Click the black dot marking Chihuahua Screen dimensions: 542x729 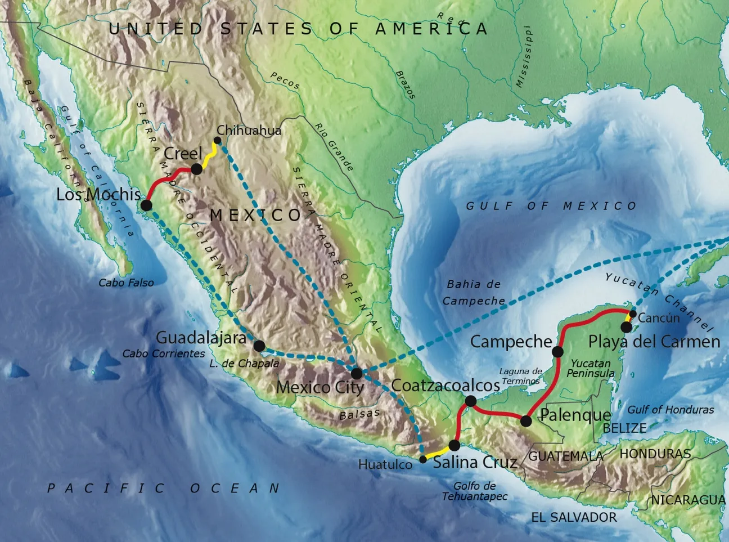pos(218,141)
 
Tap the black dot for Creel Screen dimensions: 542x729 pos(196,169)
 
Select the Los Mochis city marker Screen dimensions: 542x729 pos(146,205)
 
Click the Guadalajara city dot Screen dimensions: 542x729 pos(259,346)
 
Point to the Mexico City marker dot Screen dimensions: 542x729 pos(357,373)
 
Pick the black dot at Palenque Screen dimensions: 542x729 pos(526,421)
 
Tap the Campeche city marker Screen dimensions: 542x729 pos(557,352)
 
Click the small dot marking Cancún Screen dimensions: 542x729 pos(633,314)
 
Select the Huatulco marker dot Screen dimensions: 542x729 pos(423,459)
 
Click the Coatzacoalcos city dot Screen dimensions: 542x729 pos(471,401)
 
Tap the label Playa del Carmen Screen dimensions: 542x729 pos(654,342)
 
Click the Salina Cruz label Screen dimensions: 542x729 pos(475,463)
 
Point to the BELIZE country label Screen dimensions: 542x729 pos(624,428)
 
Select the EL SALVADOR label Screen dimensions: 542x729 pos(574,517)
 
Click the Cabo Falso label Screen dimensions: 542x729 pos(126,283)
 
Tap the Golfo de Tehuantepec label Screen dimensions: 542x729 pos(475,491)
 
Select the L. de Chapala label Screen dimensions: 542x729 pos(244,364)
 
